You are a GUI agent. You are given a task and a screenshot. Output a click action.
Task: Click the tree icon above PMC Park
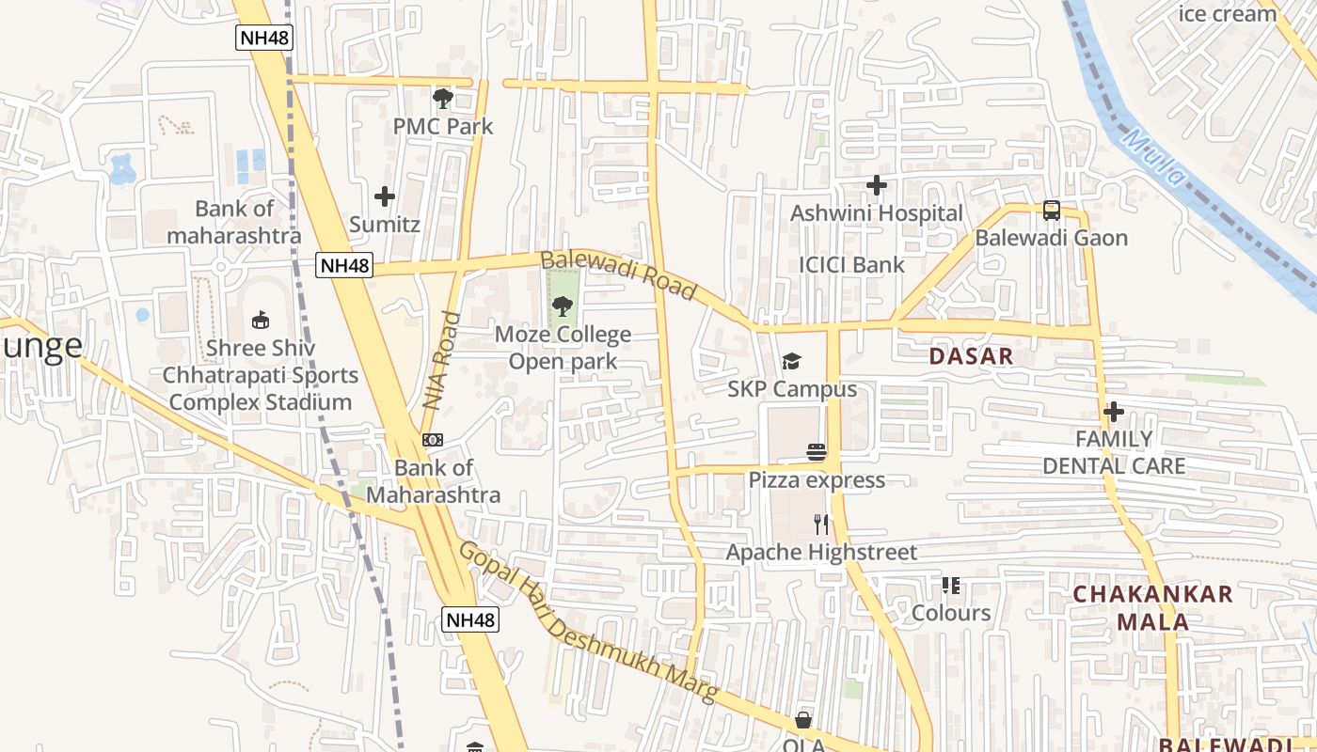442,98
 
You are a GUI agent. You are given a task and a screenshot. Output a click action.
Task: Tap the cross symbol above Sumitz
384,196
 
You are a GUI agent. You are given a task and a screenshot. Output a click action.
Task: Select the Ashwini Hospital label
876,213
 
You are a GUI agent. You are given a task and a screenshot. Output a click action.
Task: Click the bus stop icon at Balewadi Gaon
1051,211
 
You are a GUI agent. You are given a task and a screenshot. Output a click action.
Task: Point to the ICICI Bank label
851,265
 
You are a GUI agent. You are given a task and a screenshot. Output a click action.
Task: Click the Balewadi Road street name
618,275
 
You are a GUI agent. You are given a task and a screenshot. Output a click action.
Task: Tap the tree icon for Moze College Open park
562,305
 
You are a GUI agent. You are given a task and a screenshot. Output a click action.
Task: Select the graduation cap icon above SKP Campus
791,362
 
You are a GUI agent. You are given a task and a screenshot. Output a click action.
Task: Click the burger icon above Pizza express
816,452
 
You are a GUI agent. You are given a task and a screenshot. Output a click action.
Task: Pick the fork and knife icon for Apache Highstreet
821,524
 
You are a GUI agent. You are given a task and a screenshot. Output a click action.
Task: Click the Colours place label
951,613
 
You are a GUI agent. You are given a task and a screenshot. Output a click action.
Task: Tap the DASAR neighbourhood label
971,356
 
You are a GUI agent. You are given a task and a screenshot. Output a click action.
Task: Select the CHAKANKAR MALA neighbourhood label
1152,607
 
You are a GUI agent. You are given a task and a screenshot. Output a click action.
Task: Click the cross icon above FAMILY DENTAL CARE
1114,412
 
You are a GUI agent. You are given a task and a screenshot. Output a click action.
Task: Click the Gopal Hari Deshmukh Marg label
588,623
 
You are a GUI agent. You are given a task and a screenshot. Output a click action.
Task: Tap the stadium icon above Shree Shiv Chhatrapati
260,320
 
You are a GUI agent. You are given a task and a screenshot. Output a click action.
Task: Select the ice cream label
1227,13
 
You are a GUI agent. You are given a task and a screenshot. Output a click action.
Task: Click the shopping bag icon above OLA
803,720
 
